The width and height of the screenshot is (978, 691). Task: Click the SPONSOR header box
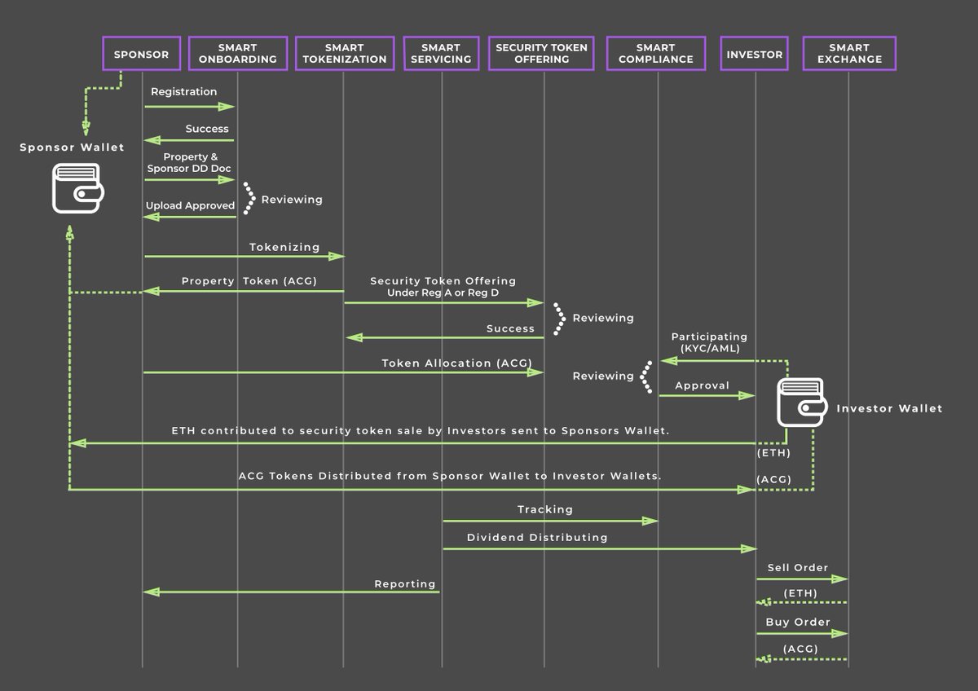tap(142, 55)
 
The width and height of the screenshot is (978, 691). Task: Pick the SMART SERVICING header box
tap(441, 54)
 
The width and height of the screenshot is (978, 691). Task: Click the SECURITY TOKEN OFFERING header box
tap(541, 54)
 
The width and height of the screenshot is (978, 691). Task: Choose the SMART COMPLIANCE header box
tap(655, 54)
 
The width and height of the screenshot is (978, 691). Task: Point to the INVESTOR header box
tap(755, 55)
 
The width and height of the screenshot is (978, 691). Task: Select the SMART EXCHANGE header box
tap(848, 54)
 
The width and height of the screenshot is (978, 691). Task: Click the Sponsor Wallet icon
tap(74, 187)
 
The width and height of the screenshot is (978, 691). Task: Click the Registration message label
tap(183, 92)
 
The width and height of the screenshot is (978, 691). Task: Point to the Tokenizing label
tap(284, 246)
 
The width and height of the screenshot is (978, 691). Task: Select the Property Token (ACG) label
tap(249, 281)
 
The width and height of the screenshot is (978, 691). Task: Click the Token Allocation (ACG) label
tap(456, 363)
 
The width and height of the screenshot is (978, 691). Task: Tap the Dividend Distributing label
tap(537, 538)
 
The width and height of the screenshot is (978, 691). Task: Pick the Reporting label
tap(405, 584)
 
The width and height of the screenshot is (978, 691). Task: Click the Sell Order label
tap(797, 567)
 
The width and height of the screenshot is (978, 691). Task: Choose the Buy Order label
tap(797, 623)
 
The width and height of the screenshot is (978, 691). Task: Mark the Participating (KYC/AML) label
tap(709, 342)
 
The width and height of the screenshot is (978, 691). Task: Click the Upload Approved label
tap(190, 206)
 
